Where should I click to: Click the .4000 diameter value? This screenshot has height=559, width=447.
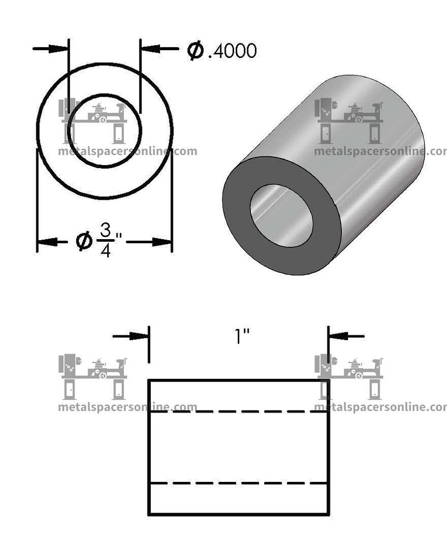(232, 51)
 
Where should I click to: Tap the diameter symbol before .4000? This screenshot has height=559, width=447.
(196, 50)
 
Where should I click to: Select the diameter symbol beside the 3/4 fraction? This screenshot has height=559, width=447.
(84, 241)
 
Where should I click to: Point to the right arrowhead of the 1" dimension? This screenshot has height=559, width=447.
(337, 336)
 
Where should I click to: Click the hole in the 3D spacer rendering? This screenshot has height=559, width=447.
(281, 215)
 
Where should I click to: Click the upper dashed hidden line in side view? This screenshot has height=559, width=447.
(238, 412)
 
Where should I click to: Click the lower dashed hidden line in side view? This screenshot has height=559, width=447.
(238, 483)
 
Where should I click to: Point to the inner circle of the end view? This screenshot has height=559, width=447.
(104, 95)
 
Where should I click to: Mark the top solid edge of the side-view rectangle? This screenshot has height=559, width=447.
(238, 380)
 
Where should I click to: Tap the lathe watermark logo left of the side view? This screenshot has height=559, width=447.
(92, 376)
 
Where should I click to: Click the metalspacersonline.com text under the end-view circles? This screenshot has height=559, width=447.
(127, 152)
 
